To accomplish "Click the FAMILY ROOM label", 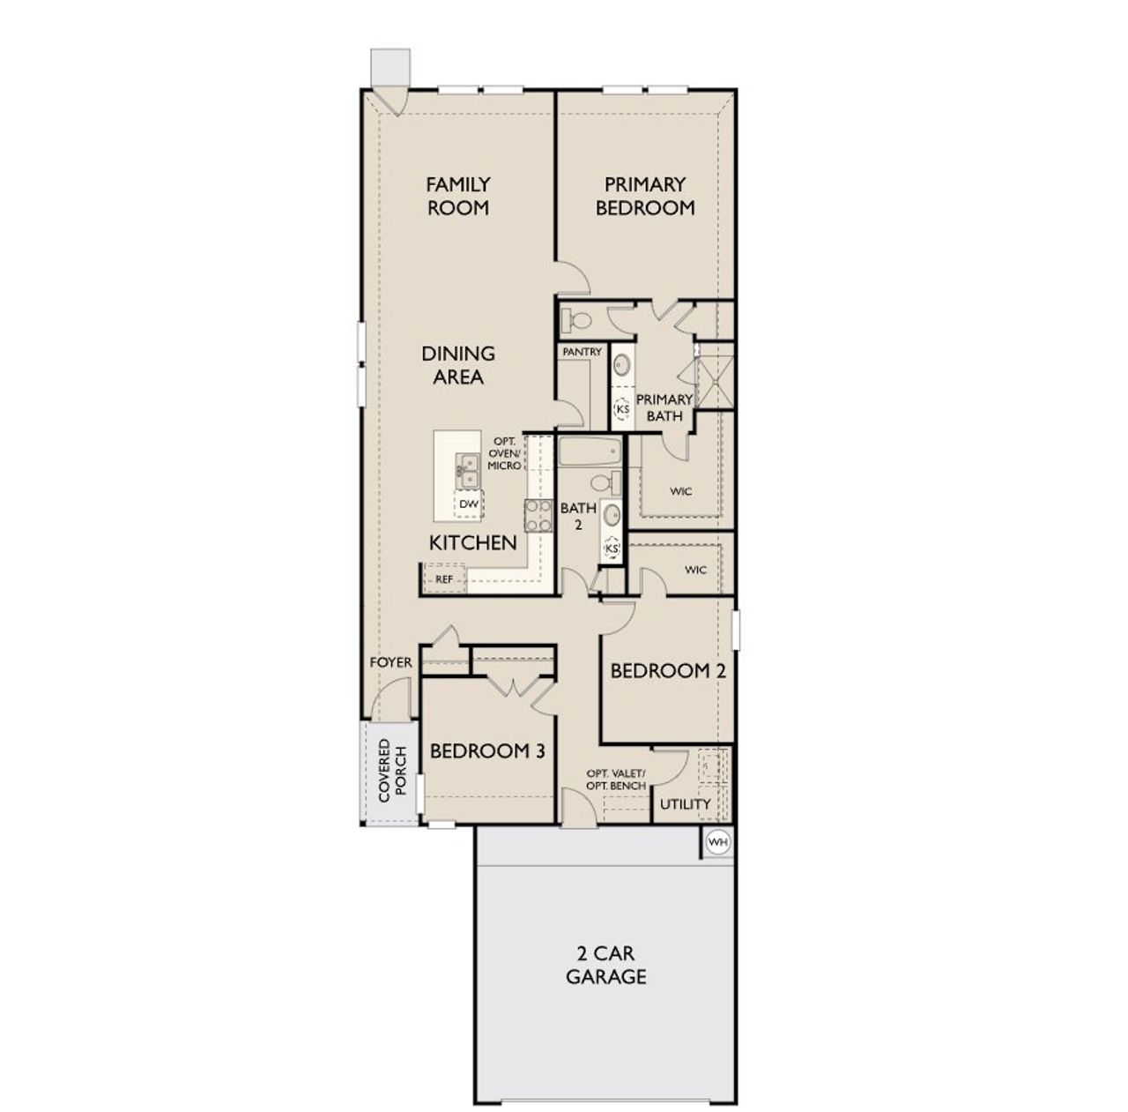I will [x=457, y=196].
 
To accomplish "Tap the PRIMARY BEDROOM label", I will [x=645, y=196].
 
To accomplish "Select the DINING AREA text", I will [x=457, y=365].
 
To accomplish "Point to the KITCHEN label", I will [x=472, y=542].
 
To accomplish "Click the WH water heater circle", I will [x=718, y=842].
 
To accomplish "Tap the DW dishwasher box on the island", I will [x=469, y=504].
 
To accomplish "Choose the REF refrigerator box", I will [x=444, y=579].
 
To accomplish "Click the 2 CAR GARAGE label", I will [x=605, y=965].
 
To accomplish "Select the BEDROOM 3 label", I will [x=487, y=750].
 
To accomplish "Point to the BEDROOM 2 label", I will [x=668, y=670].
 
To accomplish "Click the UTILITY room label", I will [x=685, y=804].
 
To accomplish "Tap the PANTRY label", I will [x=582, y=352].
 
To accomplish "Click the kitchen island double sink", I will [x=467, y=471].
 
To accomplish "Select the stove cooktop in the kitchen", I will [x=538, y=515].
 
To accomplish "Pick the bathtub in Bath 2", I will [x=590, y=454].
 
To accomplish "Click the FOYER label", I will [x=390, y=662].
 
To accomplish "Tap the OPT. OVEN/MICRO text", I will [x=505, y=453].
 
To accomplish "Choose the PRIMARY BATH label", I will [x=664, y=407].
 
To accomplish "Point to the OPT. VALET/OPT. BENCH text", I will [x=616, y=780].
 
